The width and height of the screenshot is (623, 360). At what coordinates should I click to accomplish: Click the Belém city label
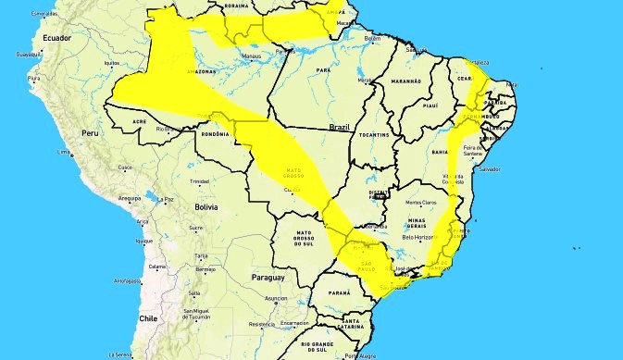click(x=373, y=39)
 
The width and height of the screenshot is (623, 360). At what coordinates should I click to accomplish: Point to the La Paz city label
click(x=166, y=198)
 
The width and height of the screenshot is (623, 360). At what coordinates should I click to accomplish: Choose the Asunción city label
click(x=275, y=299)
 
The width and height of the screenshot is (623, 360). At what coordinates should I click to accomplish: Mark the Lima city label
click(x=66, y=152)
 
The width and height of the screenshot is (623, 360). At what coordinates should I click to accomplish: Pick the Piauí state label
click(x=430, y=106)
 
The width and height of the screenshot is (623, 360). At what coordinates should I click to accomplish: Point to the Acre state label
click(x=138, y=121)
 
